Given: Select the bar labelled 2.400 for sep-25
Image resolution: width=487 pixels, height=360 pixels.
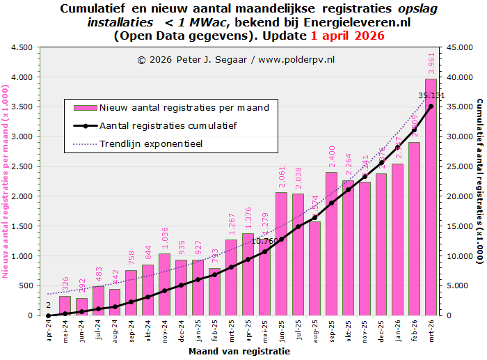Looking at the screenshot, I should (331, 244).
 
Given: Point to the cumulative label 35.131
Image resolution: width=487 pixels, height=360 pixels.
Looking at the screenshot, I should (431, 95).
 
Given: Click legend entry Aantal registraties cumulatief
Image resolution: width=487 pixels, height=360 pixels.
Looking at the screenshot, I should (168, 126).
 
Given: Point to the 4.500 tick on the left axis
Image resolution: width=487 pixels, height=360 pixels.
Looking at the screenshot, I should (21, 47).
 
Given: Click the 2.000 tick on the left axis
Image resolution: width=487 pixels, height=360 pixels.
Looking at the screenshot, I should (21, 196).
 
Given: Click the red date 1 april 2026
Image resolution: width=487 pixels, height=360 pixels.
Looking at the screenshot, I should (346, 36).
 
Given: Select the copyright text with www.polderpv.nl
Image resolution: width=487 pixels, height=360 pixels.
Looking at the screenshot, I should (236, 60).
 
